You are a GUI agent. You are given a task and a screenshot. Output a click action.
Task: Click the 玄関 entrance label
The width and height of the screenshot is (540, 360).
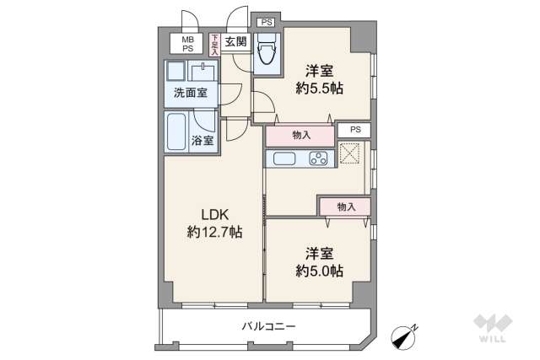(x=235, y=42)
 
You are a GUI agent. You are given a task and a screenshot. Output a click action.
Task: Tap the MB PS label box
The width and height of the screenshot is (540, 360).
(x=186, y=43)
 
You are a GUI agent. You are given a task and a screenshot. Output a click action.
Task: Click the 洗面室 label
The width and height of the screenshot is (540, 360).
(x=191, y=94)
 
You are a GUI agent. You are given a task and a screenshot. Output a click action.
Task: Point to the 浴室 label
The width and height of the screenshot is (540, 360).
(x=202, y=141)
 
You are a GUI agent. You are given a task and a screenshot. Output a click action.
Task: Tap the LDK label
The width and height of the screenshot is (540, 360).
(x=213, y=213)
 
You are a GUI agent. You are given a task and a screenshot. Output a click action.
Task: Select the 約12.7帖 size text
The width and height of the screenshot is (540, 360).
(x=214, y=231)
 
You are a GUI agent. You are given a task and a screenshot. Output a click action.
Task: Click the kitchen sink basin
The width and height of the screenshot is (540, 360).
(x=283, y=159)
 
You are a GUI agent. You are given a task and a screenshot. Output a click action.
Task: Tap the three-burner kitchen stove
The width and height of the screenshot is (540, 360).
(x=319, y=159)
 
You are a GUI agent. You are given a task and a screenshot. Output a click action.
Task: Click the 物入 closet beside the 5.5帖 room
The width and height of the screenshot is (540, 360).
(x=300, y=134)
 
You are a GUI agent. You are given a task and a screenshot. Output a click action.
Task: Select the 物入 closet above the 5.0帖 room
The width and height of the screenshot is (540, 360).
(x=345, y=206)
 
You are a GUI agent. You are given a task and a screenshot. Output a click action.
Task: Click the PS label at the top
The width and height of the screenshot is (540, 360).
(x=267, y=22)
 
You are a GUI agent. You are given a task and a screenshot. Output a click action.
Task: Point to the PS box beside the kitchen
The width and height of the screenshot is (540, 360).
(x=355, y=130)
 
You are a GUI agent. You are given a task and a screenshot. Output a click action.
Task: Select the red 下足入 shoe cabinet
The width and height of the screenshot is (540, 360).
(x=215, y=44)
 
